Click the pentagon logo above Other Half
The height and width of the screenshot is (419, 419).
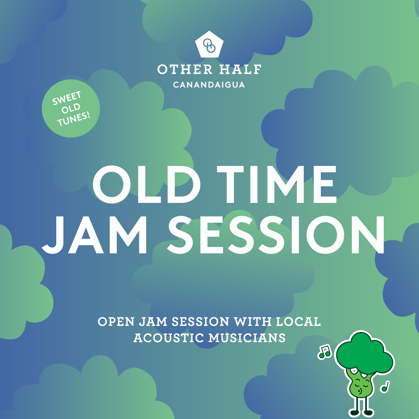coord(209,45)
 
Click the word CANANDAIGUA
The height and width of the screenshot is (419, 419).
coord(209,85)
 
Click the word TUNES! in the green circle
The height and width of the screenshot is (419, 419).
coord(74,116)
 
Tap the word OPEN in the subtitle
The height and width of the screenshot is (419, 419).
coord(113,322)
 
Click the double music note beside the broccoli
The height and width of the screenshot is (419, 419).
coord(324,351)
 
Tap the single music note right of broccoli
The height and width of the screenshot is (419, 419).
coord(385,386)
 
